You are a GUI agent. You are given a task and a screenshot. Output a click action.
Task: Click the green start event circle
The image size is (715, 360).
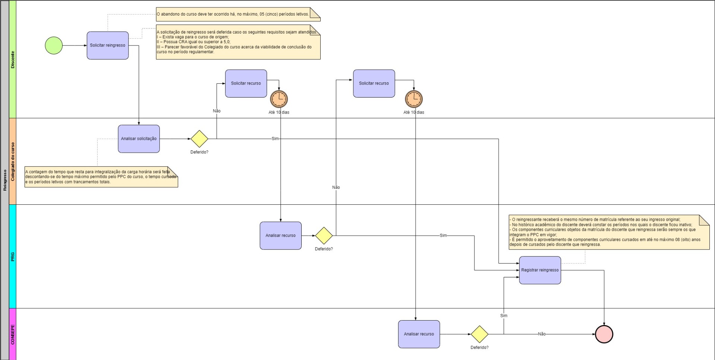pyautogui.click(x=54, y=45)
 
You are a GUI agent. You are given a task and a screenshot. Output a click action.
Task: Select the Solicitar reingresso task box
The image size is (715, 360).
pyautogui.click(x=108, y=45)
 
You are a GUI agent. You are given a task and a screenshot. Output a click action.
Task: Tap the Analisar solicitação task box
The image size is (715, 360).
pyautogui.click(x=139, y=139)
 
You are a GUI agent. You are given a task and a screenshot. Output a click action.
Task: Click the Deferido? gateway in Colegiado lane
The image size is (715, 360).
pyautogui.click(x=199, y=139)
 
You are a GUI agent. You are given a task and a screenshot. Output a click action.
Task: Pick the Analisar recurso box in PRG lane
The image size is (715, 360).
pyautogui.click(x=280, y=236)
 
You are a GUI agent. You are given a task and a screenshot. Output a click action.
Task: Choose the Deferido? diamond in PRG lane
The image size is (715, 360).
pyautogui.click(x=324, y=236)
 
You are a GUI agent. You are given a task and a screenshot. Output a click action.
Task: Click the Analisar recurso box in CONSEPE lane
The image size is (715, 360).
pyautogui.click(x=419, y=334)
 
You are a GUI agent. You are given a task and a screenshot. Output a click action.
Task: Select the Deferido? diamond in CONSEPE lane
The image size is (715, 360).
pyautogui.click(x=479, y=334)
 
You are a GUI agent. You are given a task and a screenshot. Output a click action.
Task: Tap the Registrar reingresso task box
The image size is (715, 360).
pyautogui.click(x=540, y=270)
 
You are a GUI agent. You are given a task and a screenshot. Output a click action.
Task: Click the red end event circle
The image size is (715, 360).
pyautogui.click(x=604, y=334)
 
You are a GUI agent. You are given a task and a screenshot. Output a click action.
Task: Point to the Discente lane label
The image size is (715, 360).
pyautogui.click(x=13, y=60)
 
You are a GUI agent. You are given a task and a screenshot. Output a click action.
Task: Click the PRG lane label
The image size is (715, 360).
pyautogui.click(x=13, y=257)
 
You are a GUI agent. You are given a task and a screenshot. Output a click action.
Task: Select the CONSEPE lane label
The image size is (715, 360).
pyautogui.click(x=13, y=334)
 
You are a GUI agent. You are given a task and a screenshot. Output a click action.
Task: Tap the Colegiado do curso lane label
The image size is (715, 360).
pyautogui.click(x=13, y=162)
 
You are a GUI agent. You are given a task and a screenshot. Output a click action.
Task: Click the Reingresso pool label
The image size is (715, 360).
pyautogui.click(x=5, y=180)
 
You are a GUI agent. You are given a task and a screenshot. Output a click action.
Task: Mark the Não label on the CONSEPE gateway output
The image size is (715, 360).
pyautogui.click(x=542, y=334)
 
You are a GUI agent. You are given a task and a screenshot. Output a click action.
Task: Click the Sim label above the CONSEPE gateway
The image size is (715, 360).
pyautogui.click(x=503, y=316)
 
